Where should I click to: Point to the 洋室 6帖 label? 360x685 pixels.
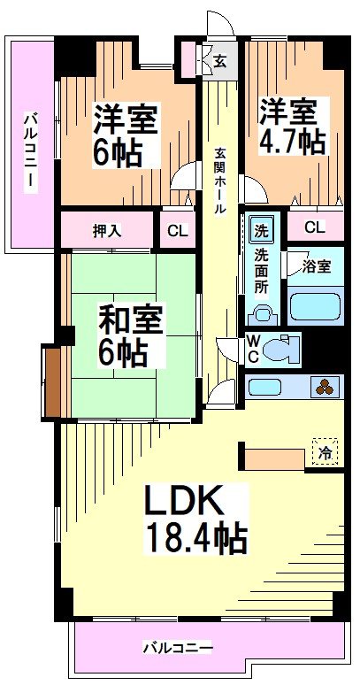126,135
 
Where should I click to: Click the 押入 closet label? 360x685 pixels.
108,231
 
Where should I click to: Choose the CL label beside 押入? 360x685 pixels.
178,232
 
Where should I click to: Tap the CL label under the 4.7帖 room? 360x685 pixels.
314,227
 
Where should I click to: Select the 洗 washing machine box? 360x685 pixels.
262,230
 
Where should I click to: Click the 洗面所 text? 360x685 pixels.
262,268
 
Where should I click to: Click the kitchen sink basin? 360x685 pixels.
265,386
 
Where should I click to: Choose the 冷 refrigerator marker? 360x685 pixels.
326,452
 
